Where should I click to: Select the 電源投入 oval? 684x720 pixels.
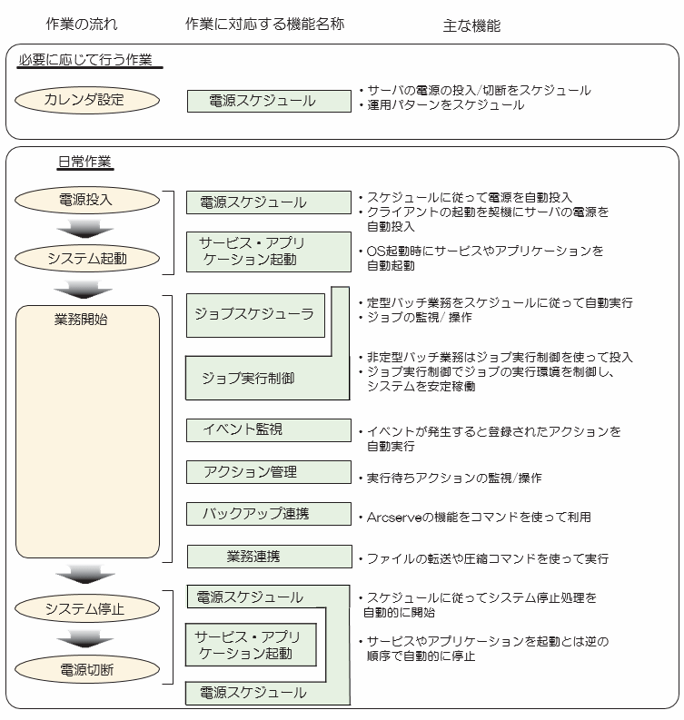pyautogui.click(x=86, y=200)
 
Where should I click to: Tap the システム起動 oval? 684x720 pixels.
pyautogui.click(x=86, y=258)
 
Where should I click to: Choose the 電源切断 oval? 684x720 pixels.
pyautogui.click(x=86, y=671)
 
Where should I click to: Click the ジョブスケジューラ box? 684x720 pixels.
pyautogui.click(x=254, y=314)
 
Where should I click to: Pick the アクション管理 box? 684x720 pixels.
pyautogui.click(x=268, y=472)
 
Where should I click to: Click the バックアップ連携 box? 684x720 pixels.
pyautogui.click(x=268, y=514)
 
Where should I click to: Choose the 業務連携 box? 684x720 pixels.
pyautogui.click(x=268, y=556)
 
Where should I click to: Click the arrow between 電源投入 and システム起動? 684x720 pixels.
pyautogui.click(x=84, y=229)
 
